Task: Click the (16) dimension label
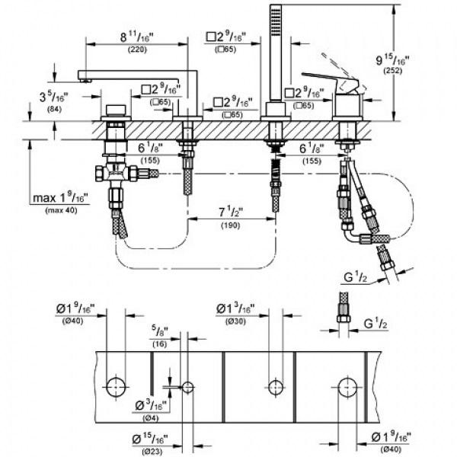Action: coord(158,344)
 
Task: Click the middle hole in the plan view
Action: coord(273,385)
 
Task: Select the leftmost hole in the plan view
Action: coord(117,385)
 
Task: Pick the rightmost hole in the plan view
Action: coord(348,385)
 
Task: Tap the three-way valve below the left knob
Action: coord(115,174)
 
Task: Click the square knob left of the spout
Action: coord(116,106)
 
